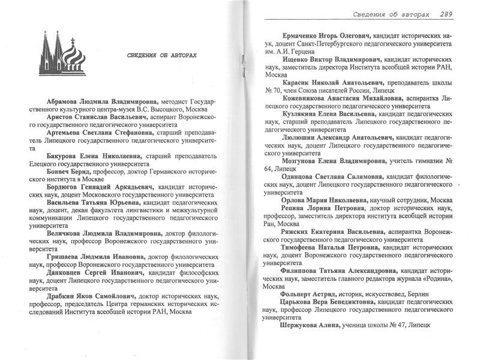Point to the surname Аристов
(60, 119)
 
